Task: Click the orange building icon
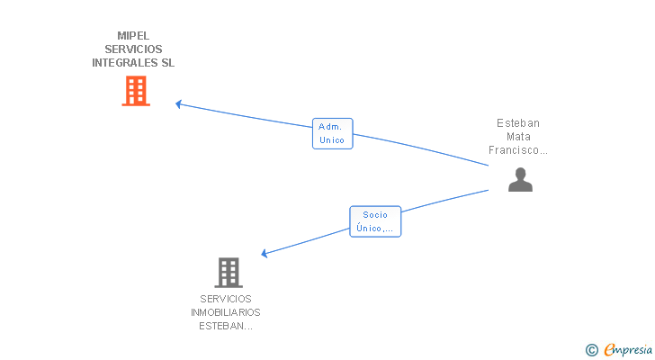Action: (x=136, y=91)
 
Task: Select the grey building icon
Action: (x=229, y=272)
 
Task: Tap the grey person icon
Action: (x=520, y=180)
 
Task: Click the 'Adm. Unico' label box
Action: (x=332, y=133)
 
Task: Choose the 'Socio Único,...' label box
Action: (x=375, y=221)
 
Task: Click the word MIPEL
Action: (x=133, y=36)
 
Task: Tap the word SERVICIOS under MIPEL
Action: (x=133, y=49)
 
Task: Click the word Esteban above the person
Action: (x=518, y=123)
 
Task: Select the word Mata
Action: (x=518, y=137)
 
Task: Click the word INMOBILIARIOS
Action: (x=226, y=312)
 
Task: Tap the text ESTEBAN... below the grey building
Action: (x=226, y=326)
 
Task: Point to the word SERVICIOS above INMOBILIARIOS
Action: (x=226, y=299)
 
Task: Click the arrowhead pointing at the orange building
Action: (x=179, y=103)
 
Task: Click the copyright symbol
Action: (x=591, y=350)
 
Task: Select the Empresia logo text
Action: (x=627, y=350)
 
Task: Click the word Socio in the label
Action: (x=375, y=215)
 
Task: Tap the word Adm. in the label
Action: (x=330, y=127)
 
